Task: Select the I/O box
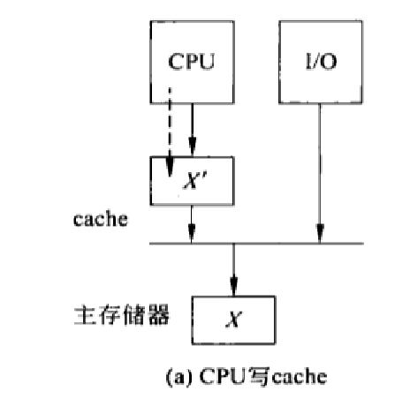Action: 317,63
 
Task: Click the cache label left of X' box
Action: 99,216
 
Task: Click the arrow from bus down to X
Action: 233,269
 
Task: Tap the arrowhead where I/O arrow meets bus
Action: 318,237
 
